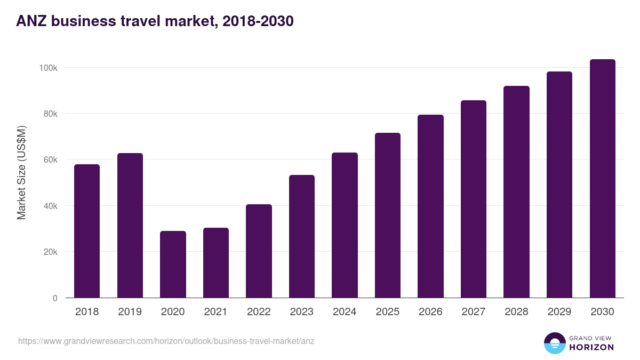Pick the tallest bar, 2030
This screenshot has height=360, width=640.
(602, 179)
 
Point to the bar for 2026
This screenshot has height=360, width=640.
(430, 206)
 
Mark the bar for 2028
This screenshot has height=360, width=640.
(516, 192)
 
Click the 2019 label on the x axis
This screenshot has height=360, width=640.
(130, 312)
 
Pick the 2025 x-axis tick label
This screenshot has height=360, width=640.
(387, 312)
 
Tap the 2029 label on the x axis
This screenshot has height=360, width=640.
(559, 312)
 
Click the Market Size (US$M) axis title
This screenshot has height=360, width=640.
(22, 172)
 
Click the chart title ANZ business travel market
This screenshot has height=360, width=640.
(155, 21)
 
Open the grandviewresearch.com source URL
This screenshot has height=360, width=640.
(166, 341)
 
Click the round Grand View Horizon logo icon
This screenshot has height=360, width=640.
(554, 343)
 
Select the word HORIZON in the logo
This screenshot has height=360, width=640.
(591, 347)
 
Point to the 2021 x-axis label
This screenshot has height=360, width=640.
(215, 312)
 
